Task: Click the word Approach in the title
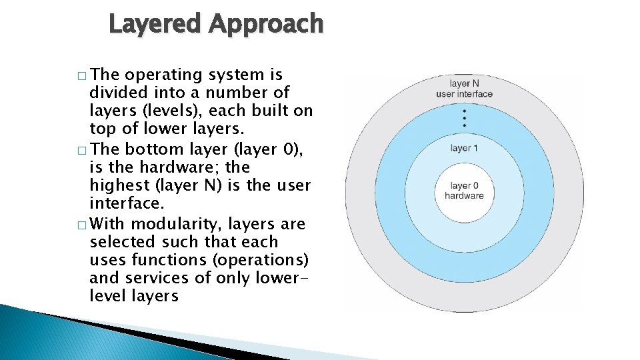point(266,25)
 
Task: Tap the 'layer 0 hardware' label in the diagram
point(464,191)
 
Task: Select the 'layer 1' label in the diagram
point(464,148)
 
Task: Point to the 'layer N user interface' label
point(464,89)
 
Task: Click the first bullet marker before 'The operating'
point(81,74)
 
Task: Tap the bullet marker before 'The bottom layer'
point(81,149)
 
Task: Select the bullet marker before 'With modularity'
point(81,224)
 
